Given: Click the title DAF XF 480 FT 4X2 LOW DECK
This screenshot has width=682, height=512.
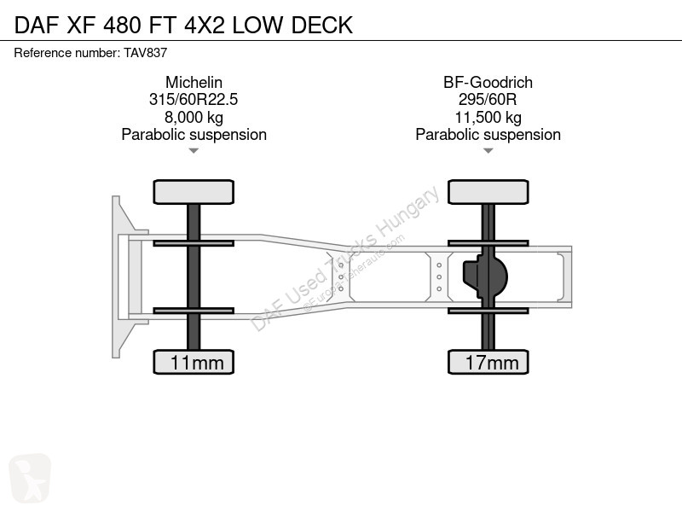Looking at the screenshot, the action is pos(183,25).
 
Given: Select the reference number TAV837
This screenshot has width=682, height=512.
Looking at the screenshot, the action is pos(145,53).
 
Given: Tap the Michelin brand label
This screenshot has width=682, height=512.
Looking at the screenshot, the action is pos(194,82).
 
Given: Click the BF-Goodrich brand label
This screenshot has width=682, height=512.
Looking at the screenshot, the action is pos(488,82).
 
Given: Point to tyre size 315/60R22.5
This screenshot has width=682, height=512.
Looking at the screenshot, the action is pos(194,99).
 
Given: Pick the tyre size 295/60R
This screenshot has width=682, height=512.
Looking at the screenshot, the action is pos(488,99).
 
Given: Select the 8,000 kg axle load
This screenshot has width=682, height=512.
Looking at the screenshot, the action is pos(194,117).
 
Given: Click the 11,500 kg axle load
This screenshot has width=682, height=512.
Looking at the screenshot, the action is pos(488,117).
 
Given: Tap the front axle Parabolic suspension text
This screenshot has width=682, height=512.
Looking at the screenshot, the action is pos(194,135).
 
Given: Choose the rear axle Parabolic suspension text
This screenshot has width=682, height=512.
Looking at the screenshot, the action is pos(488,135).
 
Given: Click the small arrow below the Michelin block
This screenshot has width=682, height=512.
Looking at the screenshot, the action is pos(194,151).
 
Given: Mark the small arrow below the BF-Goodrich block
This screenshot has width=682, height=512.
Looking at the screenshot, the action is pos(488,151).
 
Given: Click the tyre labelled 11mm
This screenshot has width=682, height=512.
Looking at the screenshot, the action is pos(194,362).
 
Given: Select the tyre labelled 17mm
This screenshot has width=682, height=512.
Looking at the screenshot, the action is pos(488,362).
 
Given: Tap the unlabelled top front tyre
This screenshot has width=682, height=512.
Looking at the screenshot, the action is pos(194,192).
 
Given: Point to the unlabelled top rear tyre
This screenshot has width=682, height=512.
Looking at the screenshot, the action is pos(488,192).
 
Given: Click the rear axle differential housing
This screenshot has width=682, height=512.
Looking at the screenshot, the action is pos(485,276).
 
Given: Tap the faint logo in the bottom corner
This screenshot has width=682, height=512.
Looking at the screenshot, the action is pos(30,477).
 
